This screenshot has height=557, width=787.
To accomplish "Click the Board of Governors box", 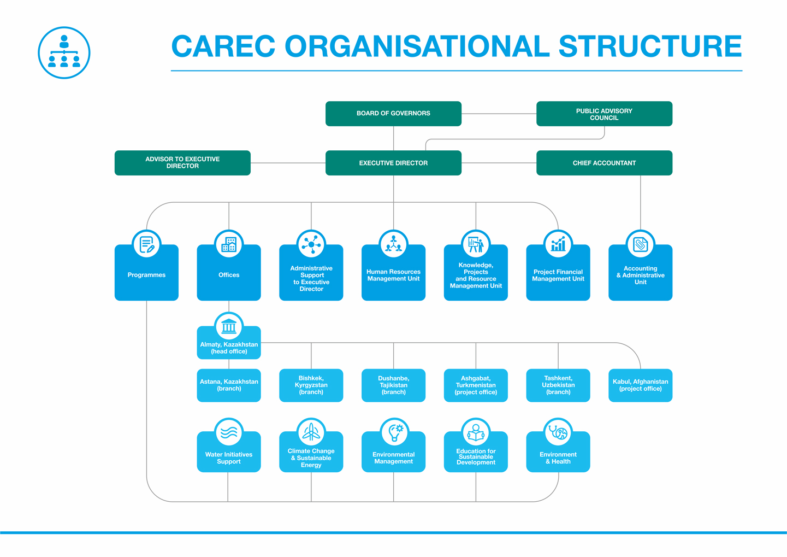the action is pos(393,114).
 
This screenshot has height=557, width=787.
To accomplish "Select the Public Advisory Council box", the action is pos(604,114).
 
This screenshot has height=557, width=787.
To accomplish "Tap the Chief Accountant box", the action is pos(604,163).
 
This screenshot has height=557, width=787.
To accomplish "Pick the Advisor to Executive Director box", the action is pos(182,163).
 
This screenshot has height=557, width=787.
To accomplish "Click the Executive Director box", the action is pos(393,163).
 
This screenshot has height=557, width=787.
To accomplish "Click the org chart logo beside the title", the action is pos(64,52).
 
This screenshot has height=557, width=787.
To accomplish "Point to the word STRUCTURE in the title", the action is pos(650,46).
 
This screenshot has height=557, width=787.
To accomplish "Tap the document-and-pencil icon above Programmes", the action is pos(146,244).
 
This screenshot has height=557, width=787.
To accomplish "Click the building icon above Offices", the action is pos(229,244).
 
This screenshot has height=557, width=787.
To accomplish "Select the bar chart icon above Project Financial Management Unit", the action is pos(558,244).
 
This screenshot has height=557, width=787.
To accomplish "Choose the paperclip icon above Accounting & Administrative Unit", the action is pos(640,244).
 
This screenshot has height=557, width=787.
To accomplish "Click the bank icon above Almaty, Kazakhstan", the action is pos(229,326).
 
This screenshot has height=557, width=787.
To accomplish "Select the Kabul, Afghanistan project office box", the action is pos(640,385).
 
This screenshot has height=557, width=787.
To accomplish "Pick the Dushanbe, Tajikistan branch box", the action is pos(393,385).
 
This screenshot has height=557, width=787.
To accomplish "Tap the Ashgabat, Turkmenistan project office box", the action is pos(476,385).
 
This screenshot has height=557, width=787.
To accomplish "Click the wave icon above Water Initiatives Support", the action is pos(229,432).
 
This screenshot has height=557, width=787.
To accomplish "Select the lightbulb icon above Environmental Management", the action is pos(395,432).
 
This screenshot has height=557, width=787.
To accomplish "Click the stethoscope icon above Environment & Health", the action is pos(558,432).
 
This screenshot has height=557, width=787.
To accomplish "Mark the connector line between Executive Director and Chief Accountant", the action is pos(499,163).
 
